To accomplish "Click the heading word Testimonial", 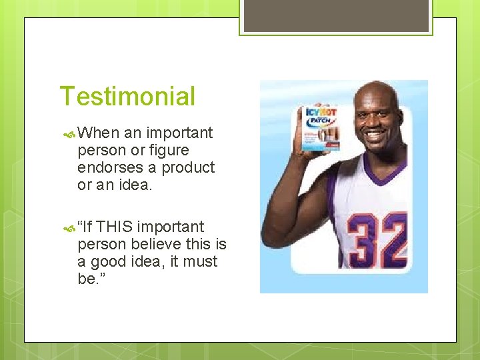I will (127, 96).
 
